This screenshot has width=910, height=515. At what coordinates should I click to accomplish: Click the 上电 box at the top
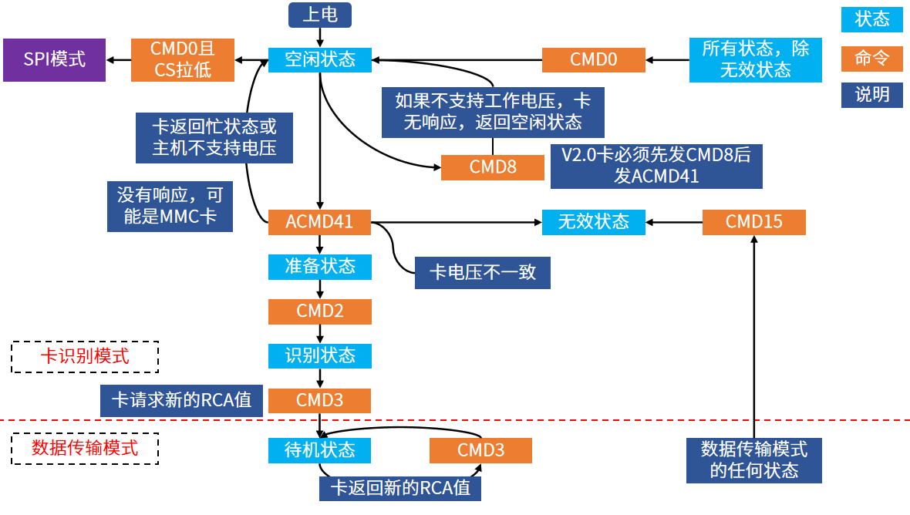tap(320, 15)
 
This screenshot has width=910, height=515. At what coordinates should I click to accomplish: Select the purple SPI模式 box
tap(55, 59)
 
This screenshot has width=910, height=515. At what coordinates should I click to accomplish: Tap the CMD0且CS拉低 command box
tap(183, 59)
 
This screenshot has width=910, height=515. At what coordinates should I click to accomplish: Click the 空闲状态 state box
tap(320, 59)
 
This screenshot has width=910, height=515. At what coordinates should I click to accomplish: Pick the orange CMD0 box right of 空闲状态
tap(594, 59)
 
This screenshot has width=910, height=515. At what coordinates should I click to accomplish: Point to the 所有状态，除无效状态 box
tap(756, 59)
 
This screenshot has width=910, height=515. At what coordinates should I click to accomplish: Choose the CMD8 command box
tap(493, 167)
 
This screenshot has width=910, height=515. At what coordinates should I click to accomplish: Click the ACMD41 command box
tap(320, 222)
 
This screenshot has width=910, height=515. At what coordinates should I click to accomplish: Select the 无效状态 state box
tap(594, 222)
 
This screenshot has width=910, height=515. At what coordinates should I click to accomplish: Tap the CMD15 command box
tap(754, 222)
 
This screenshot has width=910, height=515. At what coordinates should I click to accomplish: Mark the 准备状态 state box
tap(320, 267)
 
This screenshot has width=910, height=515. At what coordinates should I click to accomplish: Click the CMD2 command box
tap(320, 311)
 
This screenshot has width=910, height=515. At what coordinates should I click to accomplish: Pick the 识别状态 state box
tap(320, 356)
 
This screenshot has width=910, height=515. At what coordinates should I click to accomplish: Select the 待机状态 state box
tap(320, 450)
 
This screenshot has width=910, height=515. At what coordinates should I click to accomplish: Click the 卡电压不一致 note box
tap(482, 273)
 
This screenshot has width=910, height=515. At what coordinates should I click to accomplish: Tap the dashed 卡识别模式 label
tap(85, 357)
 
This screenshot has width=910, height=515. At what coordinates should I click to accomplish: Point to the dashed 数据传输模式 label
tap(85, 448)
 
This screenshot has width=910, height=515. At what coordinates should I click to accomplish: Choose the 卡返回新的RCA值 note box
tap(400, 488)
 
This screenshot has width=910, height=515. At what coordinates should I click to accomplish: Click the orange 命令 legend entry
tap(871, 59)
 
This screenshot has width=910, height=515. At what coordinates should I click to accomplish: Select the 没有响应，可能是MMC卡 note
tap(170, 207)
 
